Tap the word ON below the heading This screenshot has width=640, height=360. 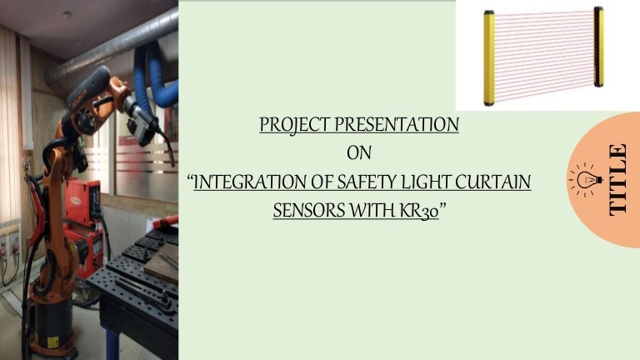(359, 153)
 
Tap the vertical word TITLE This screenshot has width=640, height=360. (617, 179)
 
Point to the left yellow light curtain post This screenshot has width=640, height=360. (489, 56)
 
